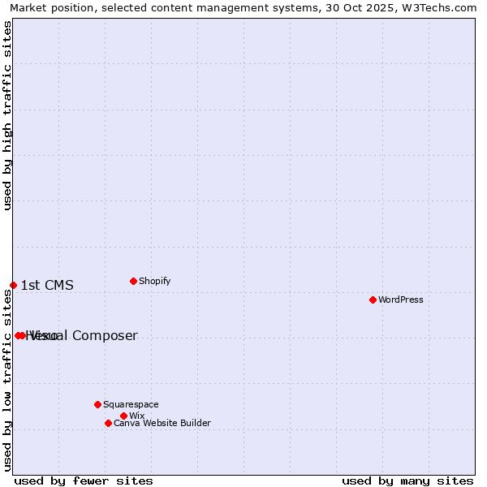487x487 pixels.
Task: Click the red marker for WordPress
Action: pyautogui.click(x=373, y=300)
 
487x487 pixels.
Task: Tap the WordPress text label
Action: pyautogui.click(x=401, y=300)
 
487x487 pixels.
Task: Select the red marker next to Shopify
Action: pyautogui.click(x=133, y=281)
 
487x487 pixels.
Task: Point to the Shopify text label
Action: pyautogui.click(x=155, y=281)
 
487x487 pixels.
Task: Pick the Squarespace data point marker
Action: pyautogui.click(x=97, y=404)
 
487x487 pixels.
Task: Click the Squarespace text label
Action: pyautogui.click(x=131, y=404)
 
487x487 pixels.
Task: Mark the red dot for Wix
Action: pyautogui.click(x=123, y=416)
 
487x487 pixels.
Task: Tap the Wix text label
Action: pyautogui.click(x=137, y=416)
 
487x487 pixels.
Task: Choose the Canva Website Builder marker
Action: pyautogui.click(x=108, y=423)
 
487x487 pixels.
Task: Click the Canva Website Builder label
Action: pyautogui.click(x=162, y=423)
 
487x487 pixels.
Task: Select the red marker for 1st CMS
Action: pyautogui.click(x=13, y=285)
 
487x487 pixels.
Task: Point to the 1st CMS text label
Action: pyautogui.click(x=47, y=285)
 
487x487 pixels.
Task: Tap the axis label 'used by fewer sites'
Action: pyautogui.click(x=84, y=481)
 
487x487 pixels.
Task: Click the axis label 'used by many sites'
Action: pyautogui.click(x=407, y=481)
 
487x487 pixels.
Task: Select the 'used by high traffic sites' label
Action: pyautogui.click(x=7, y=115)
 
